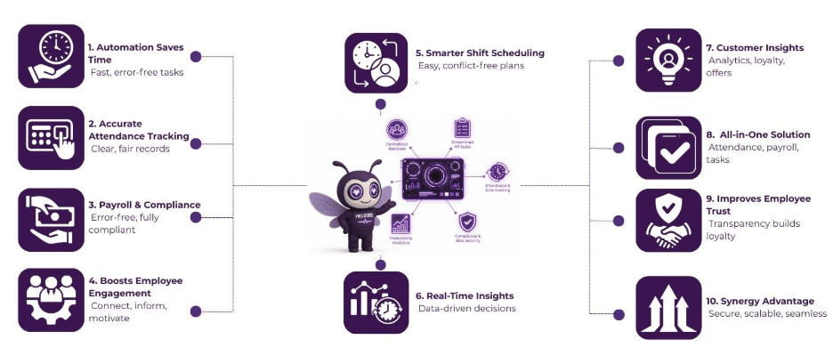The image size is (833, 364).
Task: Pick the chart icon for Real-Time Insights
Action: coord(376,303)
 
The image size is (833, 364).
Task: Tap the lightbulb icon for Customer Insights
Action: coord(668,60)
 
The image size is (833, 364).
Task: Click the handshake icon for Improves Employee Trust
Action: coord(668,219)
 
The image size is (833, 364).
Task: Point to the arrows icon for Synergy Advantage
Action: coord(668,307)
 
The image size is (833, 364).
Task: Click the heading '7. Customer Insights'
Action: coord(756,47)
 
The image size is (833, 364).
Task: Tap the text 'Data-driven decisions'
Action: coord(467,309)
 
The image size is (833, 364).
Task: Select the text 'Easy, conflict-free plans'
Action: coord(470,66)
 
